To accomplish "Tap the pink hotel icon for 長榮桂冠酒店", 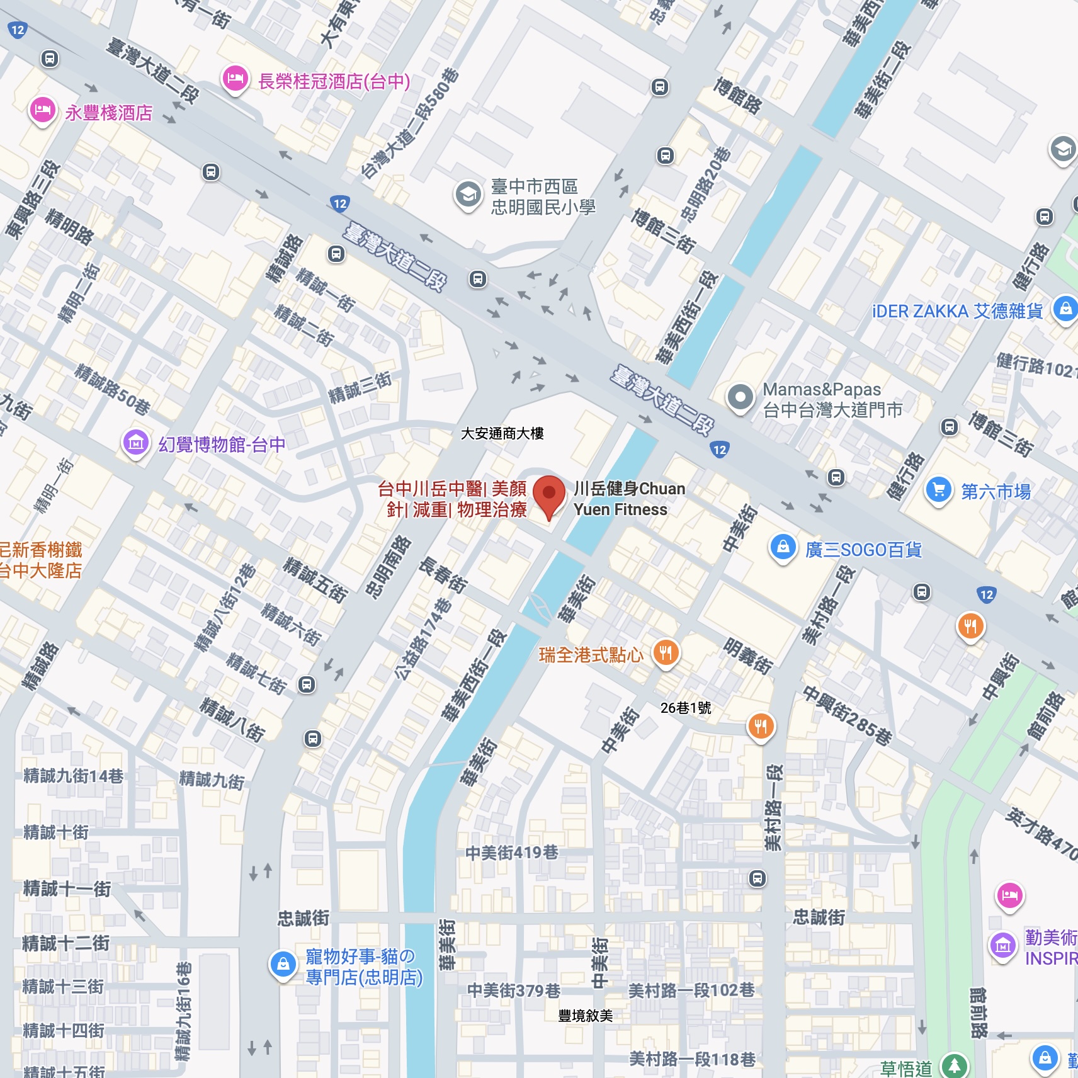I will tap(235, 79).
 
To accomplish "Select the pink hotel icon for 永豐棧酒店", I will tap(42, 111).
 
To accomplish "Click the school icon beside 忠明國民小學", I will tap(468, 195).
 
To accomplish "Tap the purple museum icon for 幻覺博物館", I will tap(135, 443).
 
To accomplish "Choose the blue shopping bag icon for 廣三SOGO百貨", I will tap(783, 548).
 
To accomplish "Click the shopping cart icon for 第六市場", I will tap(938, 490).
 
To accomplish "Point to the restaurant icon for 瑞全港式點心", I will tap(666, 653).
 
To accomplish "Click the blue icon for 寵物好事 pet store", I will tap(283, 964).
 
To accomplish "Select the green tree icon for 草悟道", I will tap(955, 1065).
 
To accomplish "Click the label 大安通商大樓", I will tap(502, 433).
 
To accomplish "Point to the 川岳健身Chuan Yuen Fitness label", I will tap(629, 499).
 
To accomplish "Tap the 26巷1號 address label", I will tap(686, 708).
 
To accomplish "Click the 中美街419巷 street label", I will tap(511, 853).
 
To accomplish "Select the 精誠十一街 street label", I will tap(67, 888).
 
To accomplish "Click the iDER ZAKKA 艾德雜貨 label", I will tap(957, 311).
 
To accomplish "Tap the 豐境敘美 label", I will tap(585, 1015).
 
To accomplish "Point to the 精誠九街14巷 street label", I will tap(73, 776).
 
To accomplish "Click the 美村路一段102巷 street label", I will tap(691, 990).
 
